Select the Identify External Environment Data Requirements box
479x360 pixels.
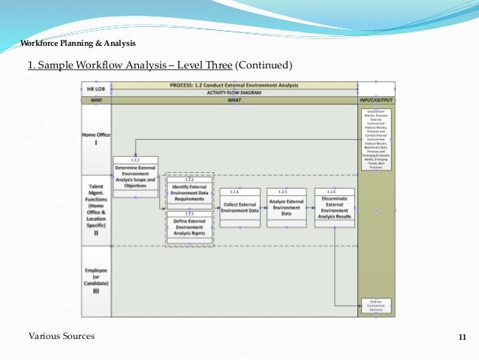coord(188,192)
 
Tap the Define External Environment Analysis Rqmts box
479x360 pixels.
coord(188,226)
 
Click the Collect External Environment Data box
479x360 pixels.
coord(240,207)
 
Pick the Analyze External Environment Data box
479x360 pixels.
coord(286,207)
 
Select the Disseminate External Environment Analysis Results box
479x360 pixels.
coord(335,207)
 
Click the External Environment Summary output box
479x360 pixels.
coord(375,306)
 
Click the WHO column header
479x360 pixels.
coord(95,99)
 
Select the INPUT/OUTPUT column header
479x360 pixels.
coord(375,99)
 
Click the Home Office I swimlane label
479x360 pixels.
coord(95,139)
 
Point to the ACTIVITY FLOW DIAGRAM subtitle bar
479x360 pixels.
coord(233,92)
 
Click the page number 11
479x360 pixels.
coord(462,336)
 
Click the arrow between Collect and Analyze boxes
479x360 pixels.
coord(264,207)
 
